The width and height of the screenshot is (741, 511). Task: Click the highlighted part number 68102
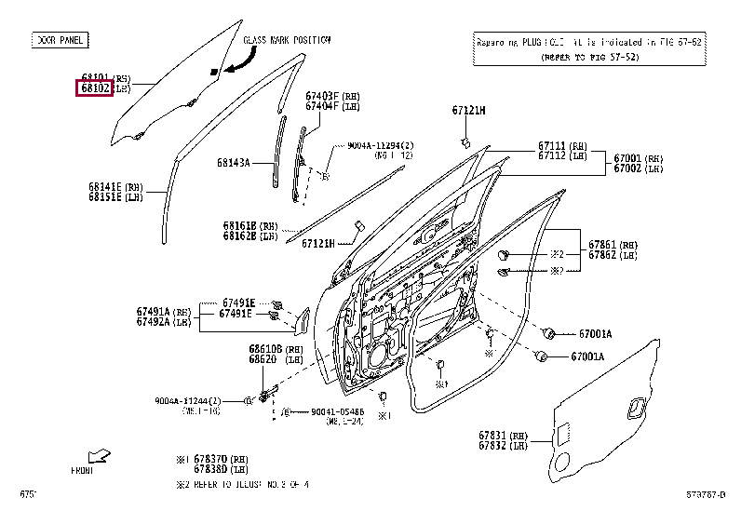point(94,88)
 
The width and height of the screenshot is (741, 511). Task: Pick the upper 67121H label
point(469,111)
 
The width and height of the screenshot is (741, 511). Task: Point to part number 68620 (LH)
point(263,359)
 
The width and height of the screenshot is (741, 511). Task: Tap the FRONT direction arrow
point(98,455)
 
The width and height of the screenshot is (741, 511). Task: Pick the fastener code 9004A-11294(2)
point(380,145)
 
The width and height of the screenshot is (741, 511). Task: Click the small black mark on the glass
point(214,71)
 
